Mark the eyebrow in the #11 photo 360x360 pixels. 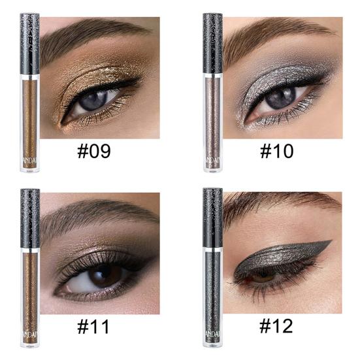(x=91, y=212)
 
